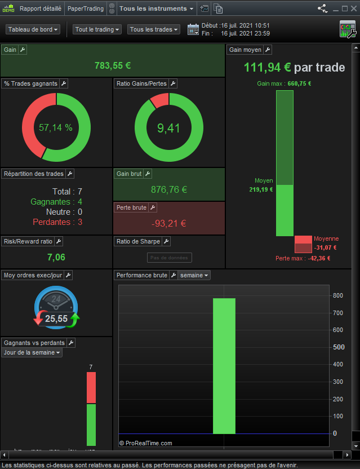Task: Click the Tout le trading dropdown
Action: point(97,29)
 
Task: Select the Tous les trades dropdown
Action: point(153,29)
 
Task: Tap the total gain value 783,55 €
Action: point(113,65)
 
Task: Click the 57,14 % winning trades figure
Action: point(56,128)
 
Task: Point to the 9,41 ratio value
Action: point(169,128)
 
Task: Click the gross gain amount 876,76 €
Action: point(169,190)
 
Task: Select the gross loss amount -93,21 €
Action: point(169,224)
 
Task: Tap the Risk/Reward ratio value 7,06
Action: point(56,258)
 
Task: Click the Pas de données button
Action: point(169,258)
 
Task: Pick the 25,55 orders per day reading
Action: point(56,318)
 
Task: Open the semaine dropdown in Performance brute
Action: point(194,275)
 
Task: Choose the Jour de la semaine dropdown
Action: point(32,353)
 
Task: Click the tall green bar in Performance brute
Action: point(224,366)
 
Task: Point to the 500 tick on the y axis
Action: point(338,347)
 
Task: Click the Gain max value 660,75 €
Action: point(299,83)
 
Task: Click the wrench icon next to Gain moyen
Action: point(267,50)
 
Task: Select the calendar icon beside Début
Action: point(193,29)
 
